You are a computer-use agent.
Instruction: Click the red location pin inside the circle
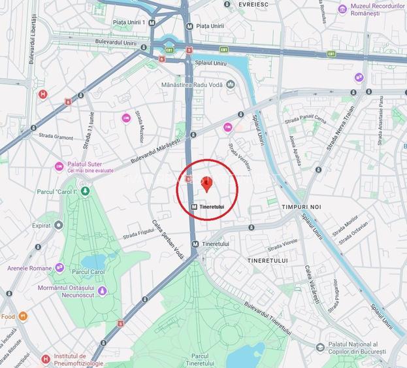tap(206, 184)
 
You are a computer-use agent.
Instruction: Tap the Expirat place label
tap(41, 225)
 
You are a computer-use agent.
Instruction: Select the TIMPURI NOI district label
tap(302, 207)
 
